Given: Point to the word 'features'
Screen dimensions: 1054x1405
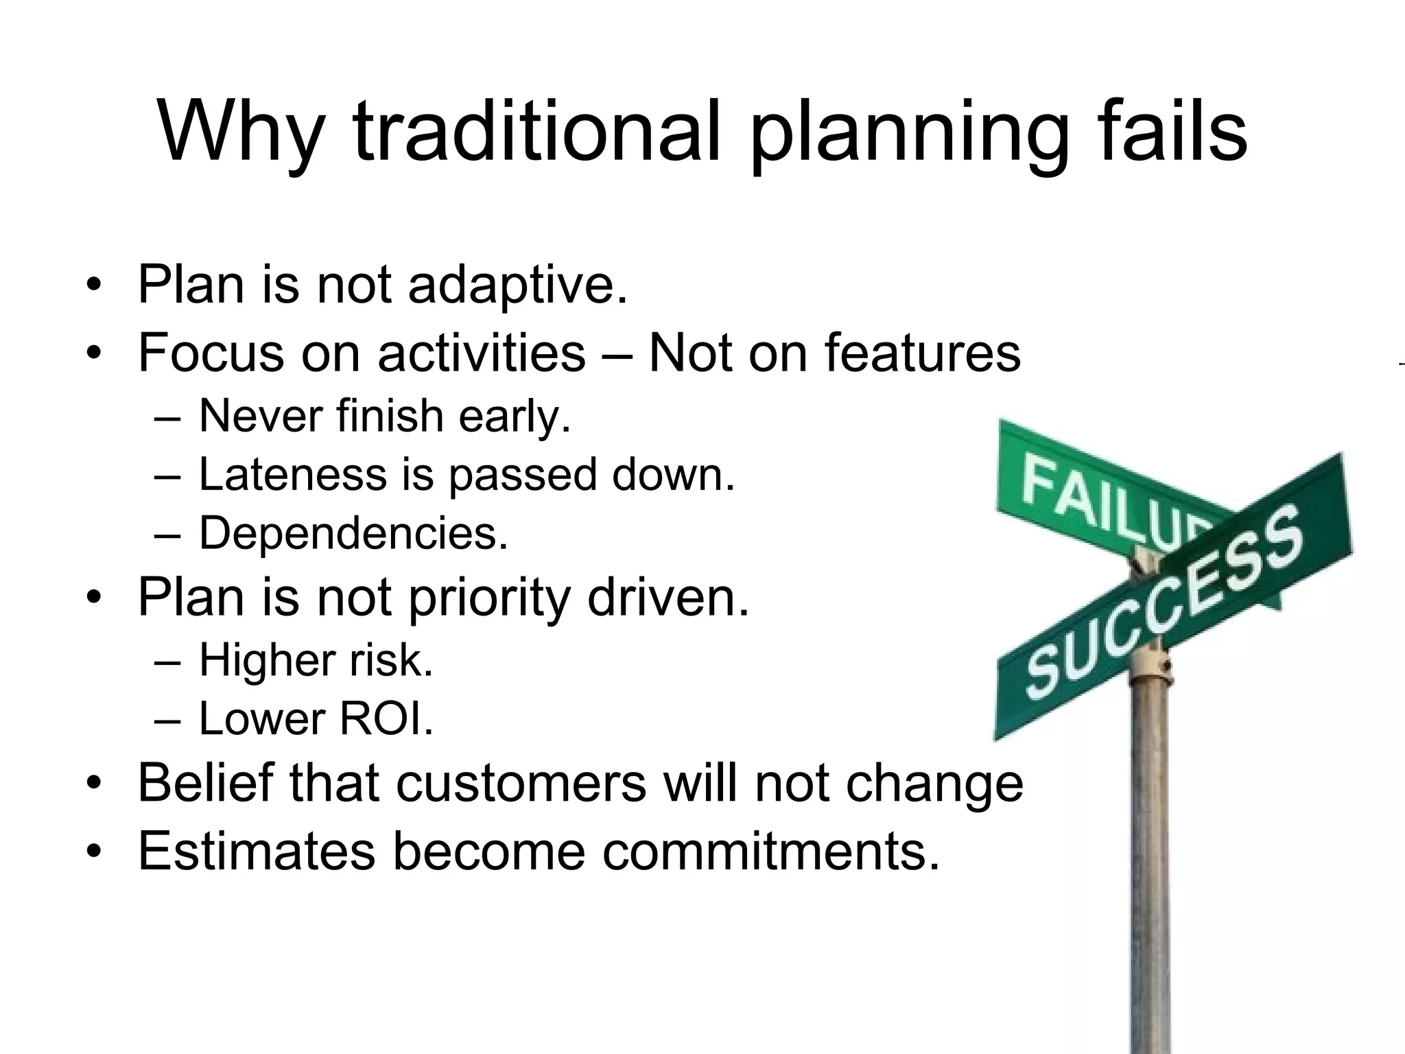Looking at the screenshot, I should pyautogui.click(x=922, y=353).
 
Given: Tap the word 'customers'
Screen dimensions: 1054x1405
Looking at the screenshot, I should pyautogui.click(x=521, y=783).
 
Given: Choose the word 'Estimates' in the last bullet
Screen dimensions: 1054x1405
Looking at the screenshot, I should pyautogui.click(x=257, y=851).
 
